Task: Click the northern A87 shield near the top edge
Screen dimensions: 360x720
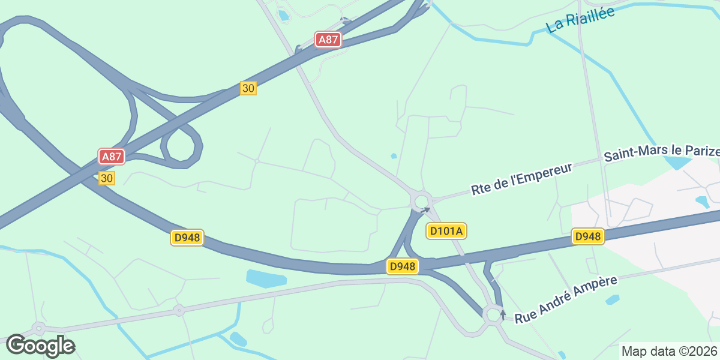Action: tap(329, 40)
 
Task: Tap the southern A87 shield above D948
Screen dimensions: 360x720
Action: tap(112, 157)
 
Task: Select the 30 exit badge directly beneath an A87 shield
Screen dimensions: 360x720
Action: tap(107, 178)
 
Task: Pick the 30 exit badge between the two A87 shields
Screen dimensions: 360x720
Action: tap(248, 88)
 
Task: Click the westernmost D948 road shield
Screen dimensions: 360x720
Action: tap(187, 238)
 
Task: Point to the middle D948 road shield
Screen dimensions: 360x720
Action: tap(402, 266)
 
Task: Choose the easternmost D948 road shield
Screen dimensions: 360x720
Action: tap(587, 236)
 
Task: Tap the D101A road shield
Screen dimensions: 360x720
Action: tap(446, 230)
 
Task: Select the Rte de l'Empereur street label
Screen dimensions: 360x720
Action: tap(521, 178)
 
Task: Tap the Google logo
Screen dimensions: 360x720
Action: tap(40, 346)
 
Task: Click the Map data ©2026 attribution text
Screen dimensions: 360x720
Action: tap(668, 351)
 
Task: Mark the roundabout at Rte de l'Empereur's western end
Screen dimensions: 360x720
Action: tap(421, 200)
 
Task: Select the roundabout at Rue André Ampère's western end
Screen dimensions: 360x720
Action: tap(494, 314)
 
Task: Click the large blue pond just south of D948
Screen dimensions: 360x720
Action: tap(266, 278)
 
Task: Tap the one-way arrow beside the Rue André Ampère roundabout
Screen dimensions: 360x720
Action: tap(503, 313)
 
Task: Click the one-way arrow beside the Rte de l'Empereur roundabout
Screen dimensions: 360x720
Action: tap(427, 209)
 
